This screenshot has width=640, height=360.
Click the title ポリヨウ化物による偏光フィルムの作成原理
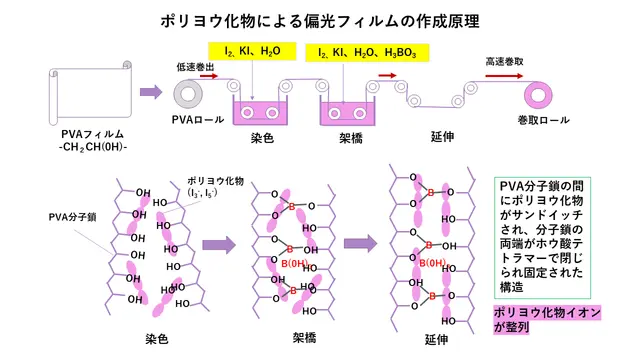click(x=320, y=21)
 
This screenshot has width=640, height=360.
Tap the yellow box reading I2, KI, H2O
click(x=252, y=51)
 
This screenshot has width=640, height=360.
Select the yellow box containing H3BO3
click(x=367, y=53)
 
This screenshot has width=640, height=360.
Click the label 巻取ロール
click(x=543, y=120)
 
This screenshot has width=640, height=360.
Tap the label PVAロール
click(x=198, y=120)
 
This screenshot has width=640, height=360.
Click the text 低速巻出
click(x=195, y=67)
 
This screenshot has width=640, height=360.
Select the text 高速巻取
click(x=504, y=62)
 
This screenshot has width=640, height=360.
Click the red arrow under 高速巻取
click(x=504, y=76)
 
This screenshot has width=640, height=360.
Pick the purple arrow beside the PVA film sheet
click(x=151, y=92)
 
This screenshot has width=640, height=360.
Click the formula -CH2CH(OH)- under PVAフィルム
click(x=93, y=147)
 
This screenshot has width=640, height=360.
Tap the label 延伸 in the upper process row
click(x=442, y=137)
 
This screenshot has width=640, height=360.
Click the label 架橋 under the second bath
click(x=351, y=138)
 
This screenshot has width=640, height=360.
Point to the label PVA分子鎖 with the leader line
click(x=72, y=217)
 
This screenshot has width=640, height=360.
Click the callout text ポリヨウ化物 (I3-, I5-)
click(x=215, y=187)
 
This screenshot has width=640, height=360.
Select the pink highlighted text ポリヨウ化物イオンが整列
click(x=547, y=320)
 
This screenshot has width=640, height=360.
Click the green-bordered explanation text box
click(x=542, y=238)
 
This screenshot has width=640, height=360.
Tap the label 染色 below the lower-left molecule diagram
click(x=157, y=339)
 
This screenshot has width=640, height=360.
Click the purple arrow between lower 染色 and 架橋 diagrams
click(x=219, y=245)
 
